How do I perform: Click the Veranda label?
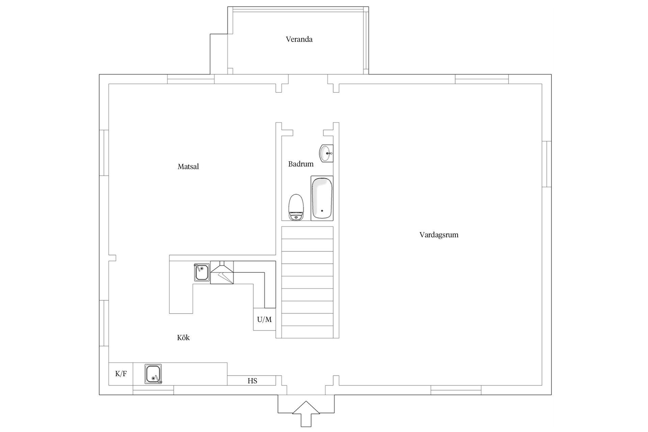click(x=299, y=39)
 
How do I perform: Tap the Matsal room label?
click(x=188, y=166)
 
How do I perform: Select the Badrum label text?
click(x=301, y=164)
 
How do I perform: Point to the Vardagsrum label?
click(x=439, y=235)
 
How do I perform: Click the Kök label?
click(x=184, y=337)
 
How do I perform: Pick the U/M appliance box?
click(x=265, y=319)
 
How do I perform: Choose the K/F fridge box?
click(x=121, y=374)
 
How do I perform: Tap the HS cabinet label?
click(x=252, y=381)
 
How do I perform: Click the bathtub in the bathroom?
click(x=322, y=198)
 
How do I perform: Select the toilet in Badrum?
click(x=296, y=207)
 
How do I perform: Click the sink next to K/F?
click(x=153, y=374)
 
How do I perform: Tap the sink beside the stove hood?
click(x=201, y=272)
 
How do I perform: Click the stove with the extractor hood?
click(x=222, y=272)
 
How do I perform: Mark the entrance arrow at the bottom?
click(x=306, y=414)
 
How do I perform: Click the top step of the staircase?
click(x=307, y=233)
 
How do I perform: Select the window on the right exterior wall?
click(x=547, y=164)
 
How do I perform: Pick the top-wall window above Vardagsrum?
click(x=482, y=79)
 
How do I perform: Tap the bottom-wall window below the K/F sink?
click(x=153, y=390)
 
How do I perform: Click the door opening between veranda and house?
click(x=308, y=79)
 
